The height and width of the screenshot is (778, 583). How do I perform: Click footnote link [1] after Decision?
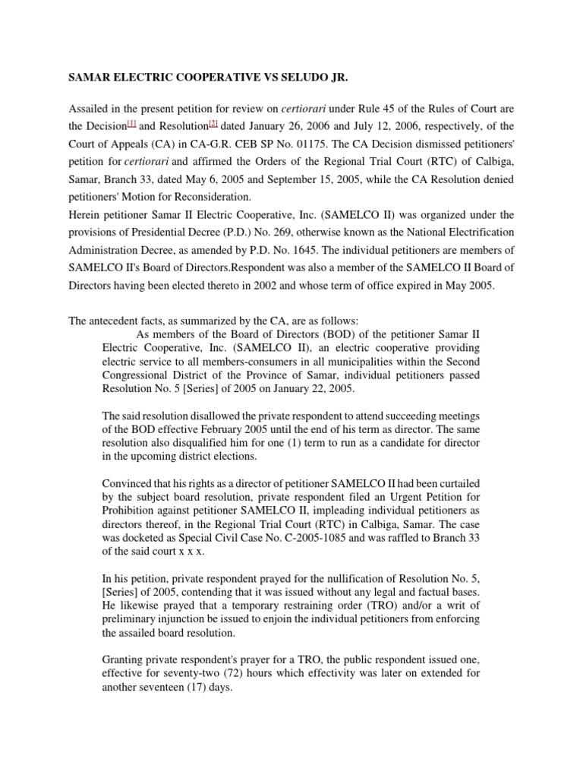132,123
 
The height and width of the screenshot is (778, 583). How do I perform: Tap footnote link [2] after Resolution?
213,123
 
